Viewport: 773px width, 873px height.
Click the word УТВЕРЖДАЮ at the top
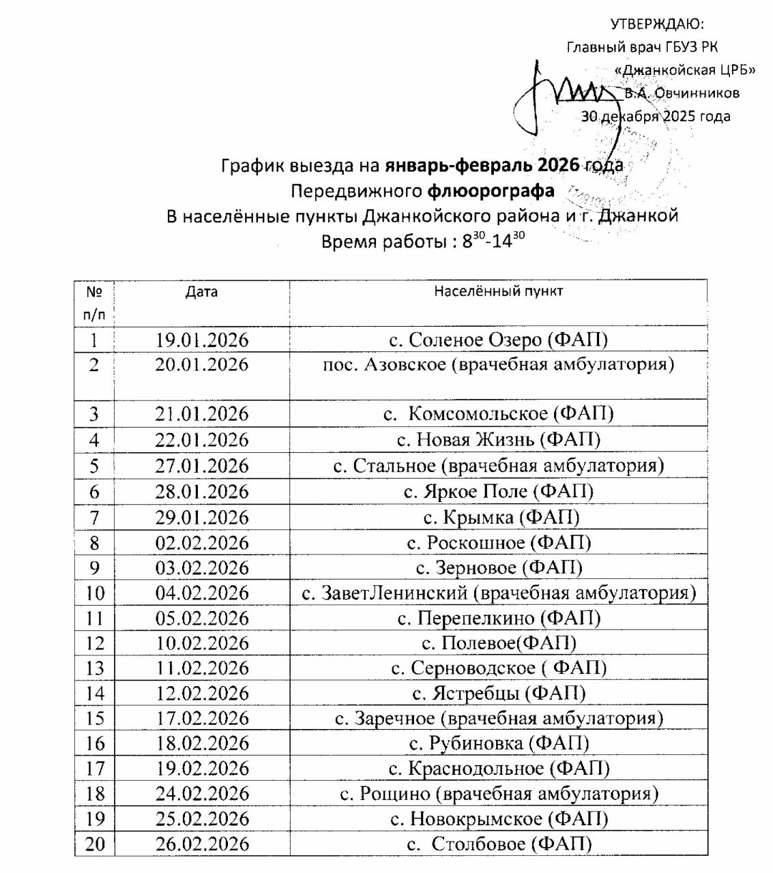click(x=656, y=25)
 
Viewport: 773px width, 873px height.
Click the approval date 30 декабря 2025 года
click(x=656, y=116)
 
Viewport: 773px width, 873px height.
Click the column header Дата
click(x=201, y=292)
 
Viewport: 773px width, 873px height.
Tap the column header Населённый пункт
click(x=498, y=292)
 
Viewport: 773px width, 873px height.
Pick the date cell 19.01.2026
click(x=201, y=340)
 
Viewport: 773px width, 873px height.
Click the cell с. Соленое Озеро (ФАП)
click(x=498, y=340)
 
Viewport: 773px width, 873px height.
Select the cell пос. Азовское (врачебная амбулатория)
click(x=498, y=365)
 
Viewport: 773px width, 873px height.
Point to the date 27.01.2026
click(x=201, y=466)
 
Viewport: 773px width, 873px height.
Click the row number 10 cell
click(x=96, y=593)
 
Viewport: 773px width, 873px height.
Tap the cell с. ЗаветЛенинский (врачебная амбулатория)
click(x=499, y=593)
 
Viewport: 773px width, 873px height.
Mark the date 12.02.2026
click(x=201, y=694)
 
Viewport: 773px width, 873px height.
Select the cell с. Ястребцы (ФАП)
click(x=499, y=694)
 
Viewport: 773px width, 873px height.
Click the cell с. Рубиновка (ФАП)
click(x=499, y=743)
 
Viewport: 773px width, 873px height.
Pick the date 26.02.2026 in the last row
click(x=201, y=844)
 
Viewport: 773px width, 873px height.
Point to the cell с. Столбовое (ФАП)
click(x=499, y=844)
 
